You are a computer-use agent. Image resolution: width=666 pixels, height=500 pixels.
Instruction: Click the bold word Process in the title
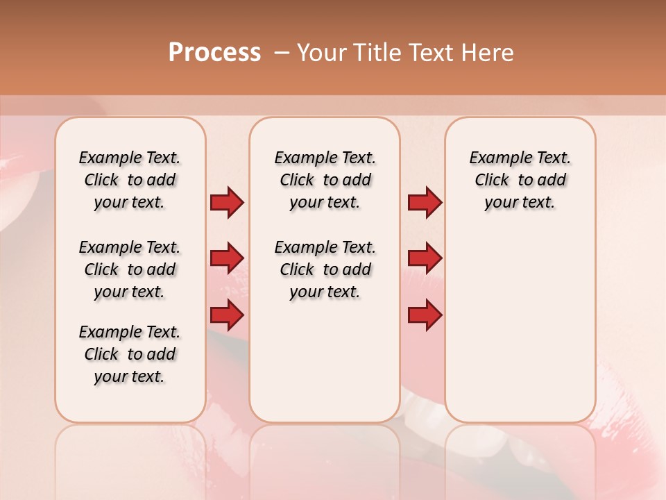pos(214,53)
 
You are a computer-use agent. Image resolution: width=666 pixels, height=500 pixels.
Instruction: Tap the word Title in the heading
pos(377,53)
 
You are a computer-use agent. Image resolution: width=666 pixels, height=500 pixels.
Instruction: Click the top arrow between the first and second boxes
pos(227,203)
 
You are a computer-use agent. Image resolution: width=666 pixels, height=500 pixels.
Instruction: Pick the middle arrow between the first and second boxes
pos(227,258)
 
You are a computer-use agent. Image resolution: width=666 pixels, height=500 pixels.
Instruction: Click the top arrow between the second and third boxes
pos(425,203)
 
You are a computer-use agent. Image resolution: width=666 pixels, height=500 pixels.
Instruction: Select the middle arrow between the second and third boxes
pos(425,258)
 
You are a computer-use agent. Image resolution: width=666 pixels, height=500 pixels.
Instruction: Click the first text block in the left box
pos(130,180)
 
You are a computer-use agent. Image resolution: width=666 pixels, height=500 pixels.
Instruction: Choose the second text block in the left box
pos(130,269)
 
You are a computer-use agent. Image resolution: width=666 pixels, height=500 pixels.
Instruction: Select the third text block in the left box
pos(130,354)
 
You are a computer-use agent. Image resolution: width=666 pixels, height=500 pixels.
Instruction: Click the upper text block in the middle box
pos(325,180)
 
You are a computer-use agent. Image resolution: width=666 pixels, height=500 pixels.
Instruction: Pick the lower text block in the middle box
pos(325,269)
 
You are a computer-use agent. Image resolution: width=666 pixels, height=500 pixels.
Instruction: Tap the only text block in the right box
pos(520,180)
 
